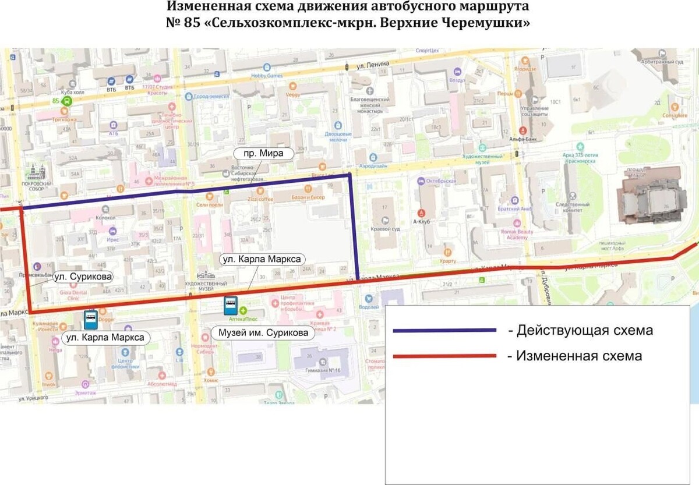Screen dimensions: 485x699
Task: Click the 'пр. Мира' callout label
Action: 263,154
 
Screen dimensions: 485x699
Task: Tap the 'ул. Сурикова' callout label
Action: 83,277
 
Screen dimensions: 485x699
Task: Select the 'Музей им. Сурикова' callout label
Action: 263,334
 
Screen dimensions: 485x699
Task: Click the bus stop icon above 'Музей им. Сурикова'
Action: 231,305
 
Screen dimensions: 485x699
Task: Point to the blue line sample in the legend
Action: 444,331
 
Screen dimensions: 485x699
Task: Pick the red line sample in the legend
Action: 444,356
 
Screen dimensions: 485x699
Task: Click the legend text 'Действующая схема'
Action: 585,331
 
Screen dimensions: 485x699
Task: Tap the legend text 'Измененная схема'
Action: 579,356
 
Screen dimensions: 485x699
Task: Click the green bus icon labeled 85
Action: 68,101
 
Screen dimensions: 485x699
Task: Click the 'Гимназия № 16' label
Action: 324,370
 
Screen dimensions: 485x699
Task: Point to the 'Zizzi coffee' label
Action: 260,199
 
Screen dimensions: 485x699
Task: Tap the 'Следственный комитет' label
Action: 573,208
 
